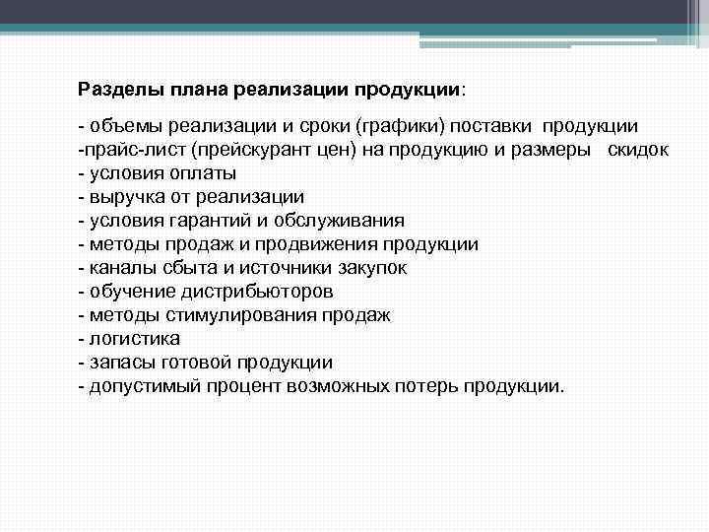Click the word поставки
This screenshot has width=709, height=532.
tap(483, 127)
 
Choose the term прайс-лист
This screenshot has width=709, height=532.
tap(135, 149)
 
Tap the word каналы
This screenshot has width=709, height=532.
tap(120, 267)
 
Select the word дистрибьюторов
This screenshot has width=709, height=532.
tap(257, 291)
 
